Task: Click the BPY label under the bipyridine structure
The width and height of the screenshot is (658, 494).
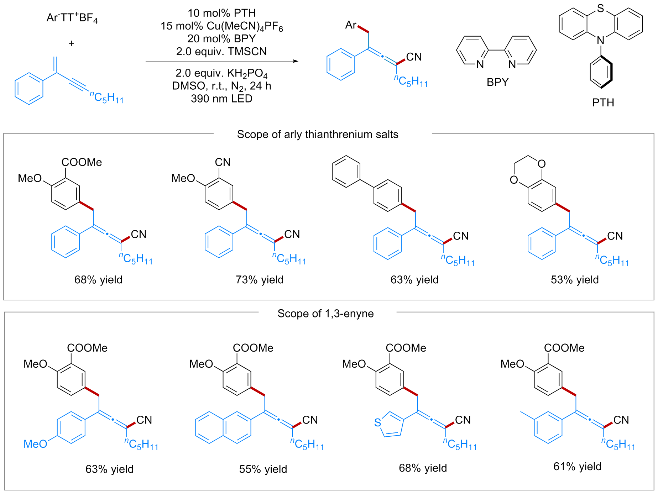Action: pos(497,82)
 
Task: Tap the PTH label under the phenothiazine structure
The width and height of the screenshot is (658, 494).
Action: pos(603,103)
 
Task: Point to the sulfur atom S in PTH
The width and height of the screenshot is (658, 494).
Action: pos(601,9)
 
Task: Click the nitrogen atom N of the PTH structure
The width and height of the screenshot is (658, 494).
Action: pos(601,41)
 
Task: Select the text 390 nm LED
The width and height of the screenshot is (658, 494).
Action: pos(221,99)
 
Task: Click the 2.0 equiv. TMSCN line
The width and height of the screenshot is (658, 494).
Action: pos(221,52)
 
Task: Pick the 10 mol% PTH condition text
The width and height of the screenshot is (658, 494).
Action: pos(221,13)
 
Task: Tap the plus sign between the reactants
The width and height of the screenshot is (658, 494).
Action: pos(71,43)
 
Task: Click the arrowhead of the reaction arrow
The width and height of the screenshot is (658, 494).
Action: pos(296,61)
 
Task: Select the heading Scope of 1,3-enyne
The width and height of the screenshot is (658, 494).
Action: pos(325,314)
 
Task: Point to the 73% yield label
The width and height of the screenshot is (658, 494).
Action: pos(260,280)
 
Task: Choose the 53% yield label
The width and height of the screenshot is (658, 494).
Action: pos(575,280)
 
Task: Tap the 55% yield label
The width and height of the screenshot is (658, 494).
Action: pos(263,469)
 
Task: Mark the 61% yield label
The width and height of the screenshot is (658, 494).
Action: pos(577,467)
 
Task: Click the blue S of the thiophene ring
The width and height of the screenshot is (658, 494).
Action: pos(378,422)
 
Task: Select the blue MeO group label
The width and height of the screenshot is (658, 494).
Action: pos(35,444)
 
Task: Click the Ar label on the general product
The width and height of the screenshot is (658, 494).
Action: pos(351,25)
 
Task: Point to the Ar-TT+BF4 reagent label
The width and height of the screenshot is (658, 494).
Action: pos(72,18)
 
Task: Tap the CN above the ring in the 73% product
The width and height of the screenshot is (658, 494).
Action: pos(223,162)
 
